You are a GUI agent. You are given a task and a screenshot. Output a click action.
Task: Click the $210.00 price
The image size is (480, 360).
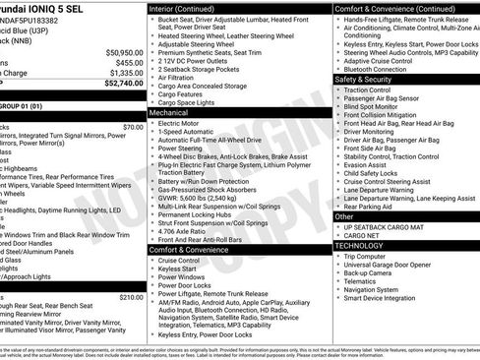click(x=131, y=296)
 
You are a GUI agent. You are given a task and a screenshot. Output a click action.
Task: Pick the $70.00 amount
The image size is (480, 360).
click(x=133, y=127)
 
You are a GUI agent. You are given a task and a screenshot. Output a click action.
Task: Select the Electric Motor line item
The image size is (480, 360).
click(x=184, y=124)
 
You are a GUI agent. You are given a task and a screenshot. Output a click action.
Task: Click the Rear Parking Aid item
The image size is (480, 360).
click(x=369, y=207)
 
